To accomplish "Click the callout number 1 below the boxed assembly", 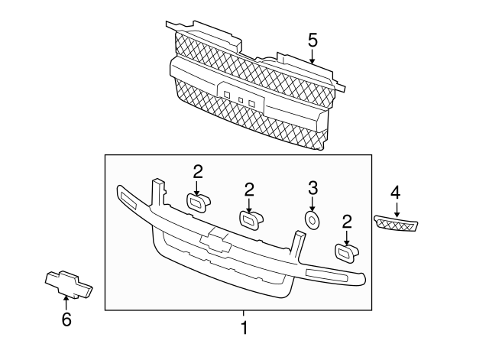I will pos(244,329).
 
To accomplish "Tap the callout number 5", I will pos(312,38).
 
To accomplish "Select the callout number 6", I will pos(66,319).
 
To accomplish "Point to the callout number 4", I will pos(395,192).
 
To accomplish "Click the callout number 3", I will pos(312,187).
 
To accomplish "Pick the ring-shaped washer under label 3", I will pos(312,220).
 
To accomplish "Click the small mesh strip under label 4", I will pos(397,222).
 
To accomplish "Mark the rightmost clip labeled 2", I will pos(345,252).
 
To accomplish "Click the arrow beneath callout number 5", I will pos(312,54).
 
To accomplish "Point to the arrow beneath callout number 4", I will pos(395,207).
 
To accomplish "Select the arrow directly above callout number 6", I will pos(66,304).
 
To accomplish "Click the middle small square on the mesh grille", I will pos(240,99).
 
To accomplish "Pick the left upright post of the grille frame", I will pos(158,193).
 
